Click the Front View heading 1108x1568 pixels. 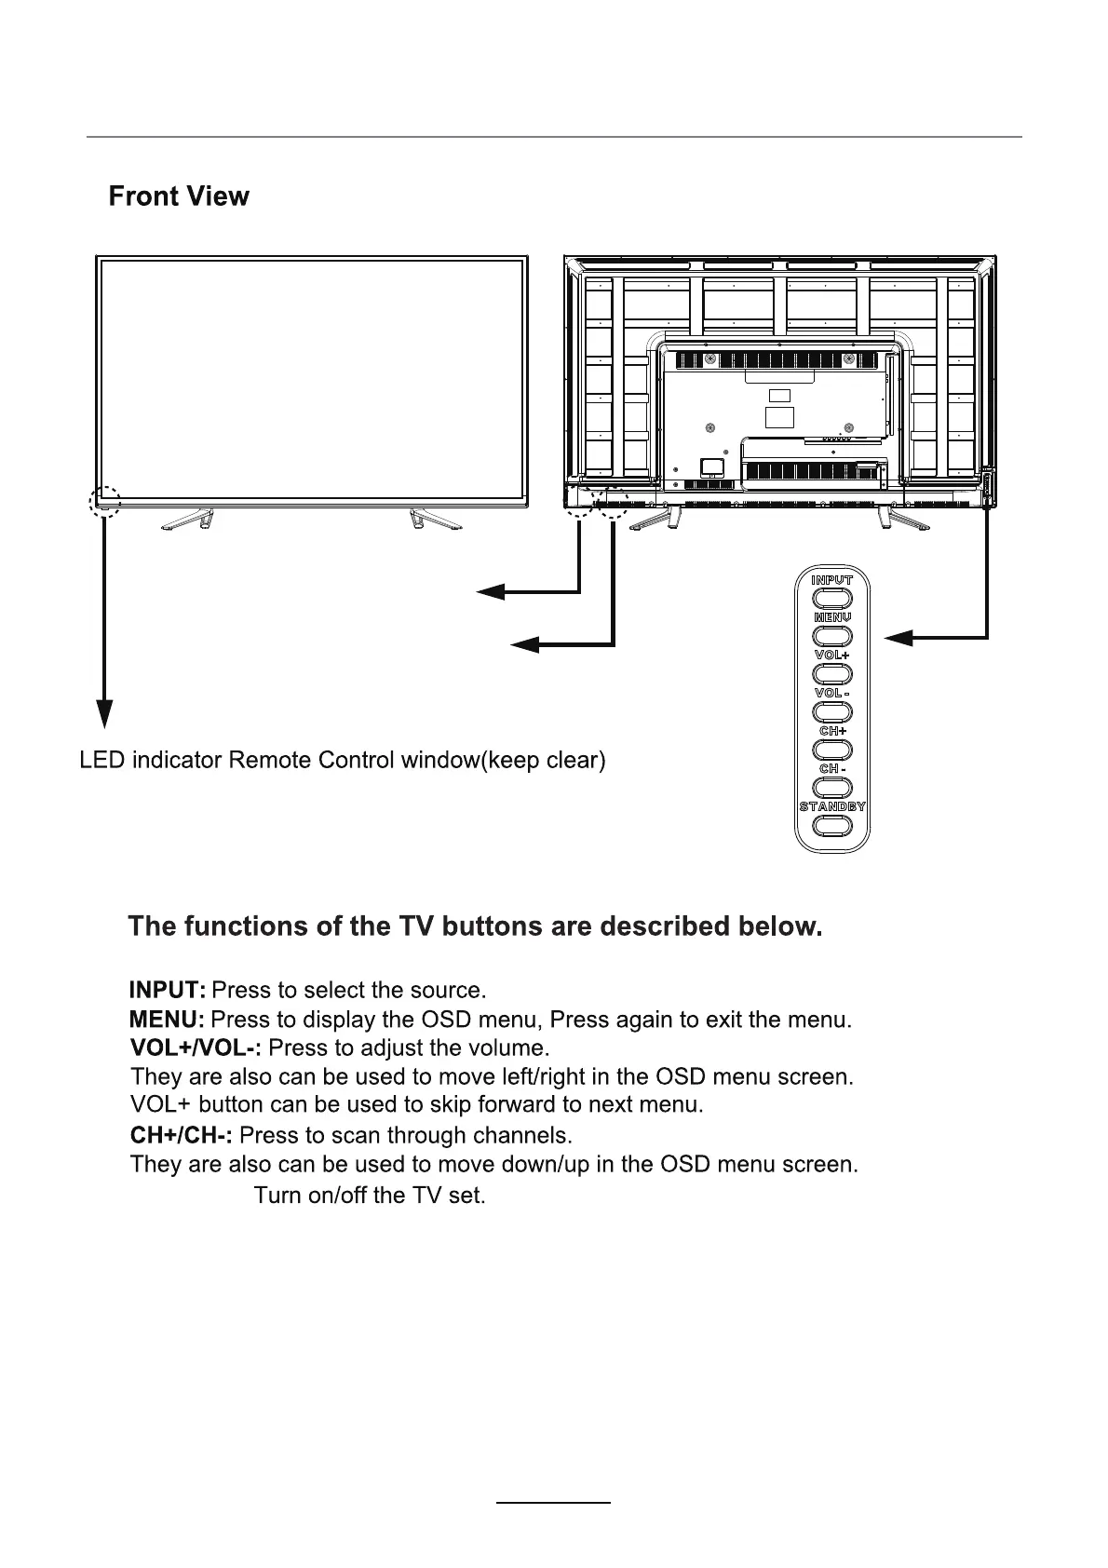tap(179, 196)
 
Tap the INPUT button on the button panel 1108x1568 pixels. tap(831, 598)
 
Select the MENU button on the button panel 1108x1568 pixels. tap(831, 635)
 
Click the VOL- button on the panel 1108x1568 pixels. tap(831, 712)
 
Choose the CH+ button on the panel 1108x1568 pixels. tap(831, 750)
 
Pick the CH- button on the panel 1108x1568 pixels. tap(831, 787)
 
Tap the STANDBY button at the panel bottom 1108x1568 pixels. tap(831, 826)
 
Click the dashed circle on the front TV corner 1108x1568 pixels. tap(105, 501)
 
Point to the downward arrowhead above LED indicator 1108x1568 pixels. tap(105, 712)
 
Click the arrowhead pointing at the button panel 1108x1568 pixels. tap(899, 637)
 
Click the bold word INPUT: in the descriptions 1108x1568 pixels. tap(168, 989)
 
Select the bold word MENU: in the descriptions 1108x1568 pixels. tap(167, 1020)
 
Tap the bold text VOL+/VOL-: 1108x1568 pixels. tap(196, 1048)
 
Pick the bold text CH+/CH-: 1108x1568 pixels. tap(182, 1136)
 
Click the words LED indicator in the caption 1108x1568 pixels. tap(151, 761)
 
